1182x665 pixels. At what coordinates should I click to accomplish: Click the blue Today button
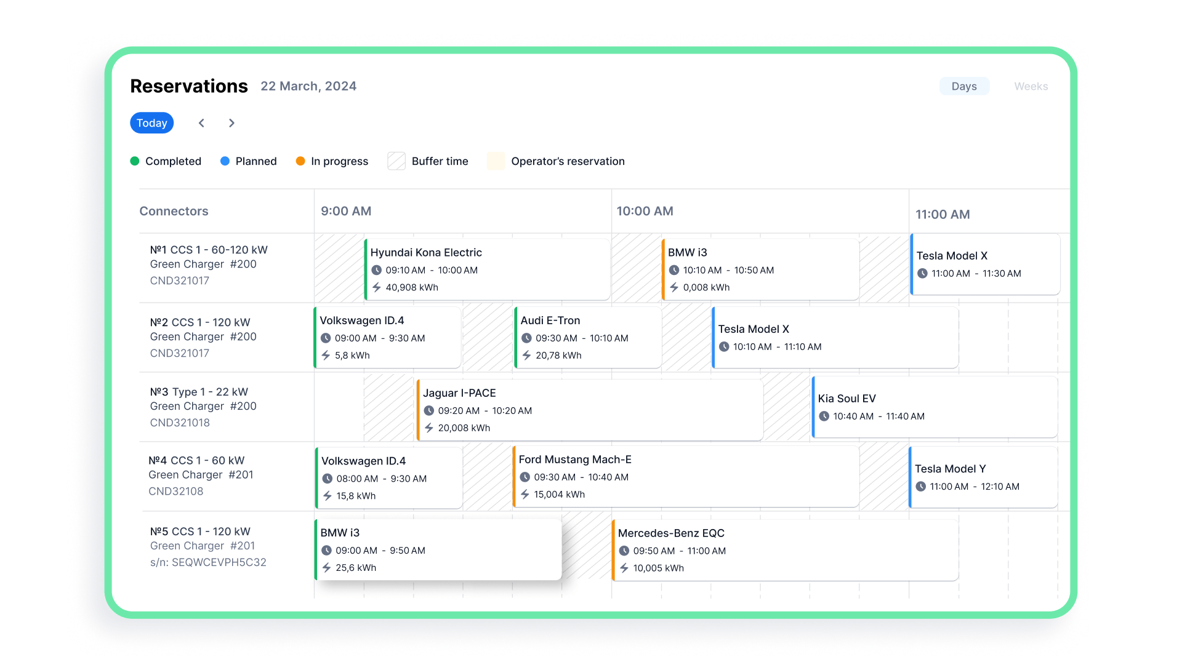(151, 123)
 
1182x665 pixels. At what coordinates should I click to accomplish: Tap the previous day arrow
(201, 123)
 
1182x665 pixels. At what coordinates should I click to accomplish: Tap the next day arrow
(231, 123)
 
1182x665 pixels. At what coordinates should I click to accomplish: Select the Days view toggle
(964, 86)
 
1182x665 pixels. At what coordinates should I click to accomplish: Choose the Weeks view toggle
(1031, 86)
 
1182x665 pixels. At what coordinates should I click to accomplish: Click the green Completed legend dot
(135, 161)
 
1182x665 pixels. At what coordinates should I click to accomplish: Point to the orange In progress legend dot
(300, 161)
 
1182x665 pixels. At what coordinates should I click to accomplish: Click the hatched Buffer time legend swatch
(396, 161)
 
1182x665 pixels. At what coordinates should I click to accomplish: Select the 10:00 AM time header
(645, 211)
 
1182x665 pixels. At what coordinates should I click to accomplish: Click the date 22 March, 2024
(308, 86)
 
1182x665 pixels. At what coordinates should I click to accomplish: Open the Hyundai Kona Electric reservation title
(426, 252)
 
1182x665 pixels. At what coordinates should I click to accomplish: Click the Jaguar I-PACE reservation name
(459, 393)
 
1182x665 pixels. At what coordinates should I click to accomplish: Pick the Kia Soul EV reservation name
(846, 399)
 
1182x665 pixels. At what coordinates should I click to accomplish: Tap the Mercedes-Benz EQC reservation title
(671, 533)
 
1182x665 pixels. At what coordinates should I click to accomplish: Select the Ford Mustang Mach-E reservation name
(575, 460)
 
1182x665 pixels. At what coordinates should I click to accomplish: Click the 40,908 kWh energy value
(412, 287)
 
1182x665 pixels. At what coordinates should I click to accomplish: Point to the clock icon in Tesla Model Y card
(921, 487)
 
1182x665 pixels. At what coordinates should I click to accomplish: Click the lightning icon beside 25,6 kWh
(327, 568)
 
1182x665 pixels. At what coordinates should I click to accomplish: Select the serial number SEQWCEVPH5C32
(219, 562)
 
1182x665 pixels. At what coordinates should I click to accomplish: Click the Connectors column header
(174, 211)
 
